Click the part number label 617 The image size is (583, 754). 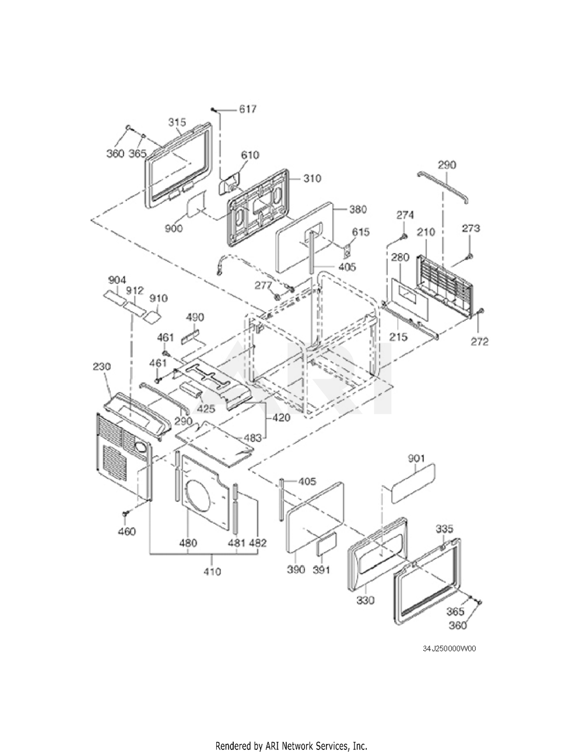(247, 109)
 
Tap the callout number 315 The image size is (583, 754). (177, 122)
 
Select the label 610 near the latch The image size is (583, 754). (250, 155)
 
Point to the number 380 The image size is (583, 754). (357, 209)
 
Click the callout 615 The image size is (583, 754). (361, 232)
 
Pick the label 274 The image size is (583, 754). (405, 215)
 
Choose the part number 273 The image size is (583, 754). (471, 228)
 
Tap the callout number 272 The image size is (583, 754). (480, 342)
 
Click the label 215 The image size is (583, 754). (398, 337)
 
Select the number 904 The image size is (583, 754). (117, 280)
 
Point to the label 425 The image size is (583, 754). (206, 408)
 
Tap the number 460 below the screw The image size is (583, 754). (127, 531)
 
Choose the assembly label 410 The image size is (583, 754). (212, 571)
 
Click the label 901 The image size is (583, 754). (416, 459)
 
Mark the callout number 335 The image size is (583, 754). (444, 529)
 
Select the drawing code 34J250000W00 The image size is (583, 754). (449, 649)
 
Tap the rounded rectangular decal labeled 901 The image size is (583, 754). (413, 482)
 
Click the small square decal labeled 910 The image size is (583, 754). (153, 315)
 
